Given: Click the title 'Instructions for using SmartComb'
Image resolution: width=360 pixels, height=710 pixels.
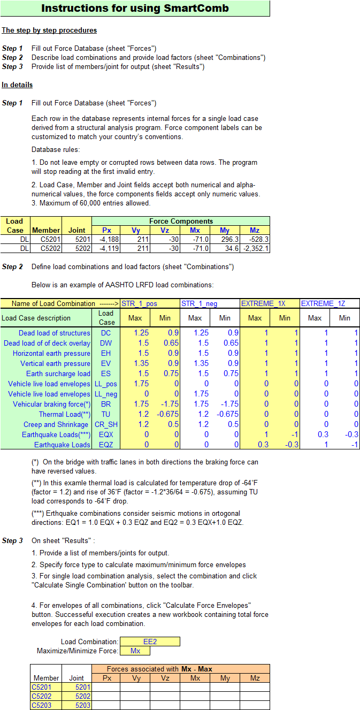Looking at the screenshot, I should point(135,8).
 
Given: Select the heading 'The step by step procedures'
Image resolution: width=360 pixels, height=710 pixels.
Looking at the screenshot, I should point(49,30).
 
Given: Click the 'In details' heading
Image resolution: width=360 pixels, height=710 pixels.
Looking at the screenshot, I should point(17,85).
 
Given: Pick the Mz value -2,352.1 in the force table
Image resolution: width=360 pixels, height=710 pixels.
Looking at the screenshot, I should point(255,248).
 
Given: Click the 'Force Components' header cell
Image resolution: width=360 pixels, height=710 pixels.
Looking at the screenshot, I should point(181,221).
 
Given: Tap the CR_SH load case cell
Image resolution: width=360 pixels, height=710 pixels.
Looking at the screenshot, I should point(106,424).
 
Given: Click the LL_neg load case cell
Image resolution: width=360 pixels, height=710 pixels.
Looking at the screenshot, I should point(106,394).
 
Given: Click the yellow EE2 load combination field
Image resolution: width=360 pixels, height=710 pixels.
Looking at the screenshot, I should point(150,642).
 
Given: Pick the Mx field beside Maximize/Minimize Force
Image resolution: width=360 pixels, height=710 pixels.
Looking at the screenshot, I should point(135,651).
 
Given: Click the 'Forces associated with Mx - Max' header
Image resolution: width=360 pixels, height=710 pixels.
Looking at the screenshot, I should point(181,669).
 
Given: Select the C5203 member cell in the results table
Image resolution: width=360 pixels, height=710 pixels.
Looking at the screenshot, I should point(45,706).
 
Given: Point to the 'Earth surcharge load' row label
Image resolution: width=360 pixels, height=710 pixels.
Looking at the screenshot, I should point(58,373).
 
